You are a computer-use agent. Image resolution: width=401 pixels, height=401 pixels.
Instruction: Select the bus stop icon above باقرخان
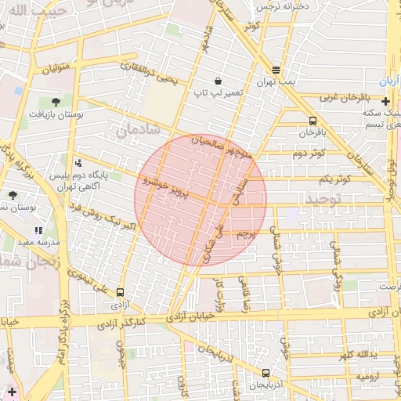[313, 121]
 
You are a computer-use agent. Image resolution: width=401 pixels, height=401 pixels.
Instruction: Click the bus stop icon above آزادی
[120, 291]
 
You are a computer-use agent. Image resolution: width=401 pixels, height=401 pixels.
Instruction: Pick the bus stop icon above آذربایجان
[266, 374]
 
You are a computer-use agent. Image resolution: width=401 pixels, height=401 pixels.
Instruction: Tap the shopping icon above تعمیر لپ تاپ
[217, 81]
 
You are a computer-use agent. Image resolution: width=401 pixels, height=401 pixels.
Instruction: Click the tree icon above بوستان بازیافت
[55, 102]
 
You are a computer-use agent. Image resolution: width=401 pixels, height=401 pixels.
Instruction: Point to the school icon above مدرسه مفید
[38, 231]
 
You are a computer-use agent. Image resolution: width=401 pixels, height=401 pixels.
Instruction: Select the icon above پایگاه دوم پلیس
[78, 163]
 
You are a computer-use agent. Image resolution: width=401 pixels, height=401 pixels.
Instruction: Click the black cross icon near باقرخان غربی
[385, 101]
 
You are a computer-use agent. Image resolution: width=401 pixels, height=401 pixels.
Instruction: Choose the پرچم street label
[245, 233]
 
